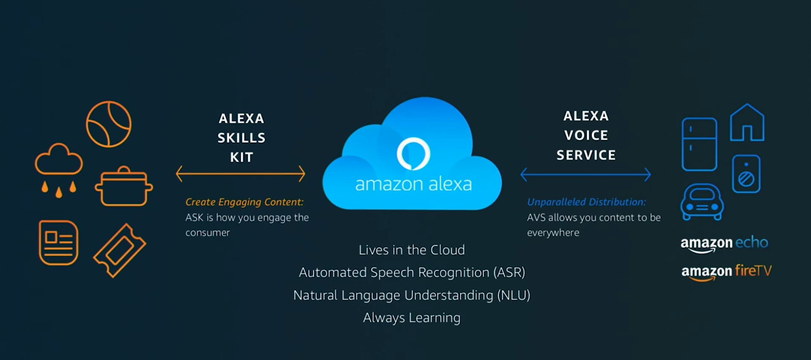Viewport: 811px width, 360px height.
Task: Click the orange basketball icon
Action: coord(109,124)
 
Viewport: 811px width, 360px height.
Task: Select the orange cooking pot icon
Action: coord(123,187)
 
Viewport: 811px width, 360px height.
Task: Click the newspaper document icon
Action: coord(58,243)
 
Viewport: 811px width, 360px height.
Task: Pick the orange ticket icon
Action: coord(120,250)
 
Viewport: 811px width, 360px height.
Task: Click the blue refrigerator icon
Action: coord(699,144)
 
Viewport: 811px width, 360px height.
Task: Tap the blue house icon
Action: coord(747,123)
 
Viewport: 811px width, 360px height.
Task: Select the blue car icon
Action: coord(702,202)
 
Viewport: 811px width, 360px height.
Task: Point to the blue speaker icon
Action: coord(746,174)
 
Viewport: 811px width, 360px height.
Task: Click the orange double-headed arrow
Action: coord(240,174)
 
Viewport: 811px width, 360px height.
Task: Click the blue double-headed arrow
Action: coord(585,174)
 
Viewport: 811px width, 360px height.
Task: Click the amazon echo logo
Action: coord(724,243)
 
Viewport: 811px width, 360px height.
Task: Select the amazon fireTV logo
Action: coord(726,271)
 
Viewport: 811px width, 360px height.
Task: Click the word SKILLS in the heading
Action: coord(241,138)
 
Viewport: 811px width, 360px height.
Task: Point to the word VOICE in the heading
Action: coord(586,135)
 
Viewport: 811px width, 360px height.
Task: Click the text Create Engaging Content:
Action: coord(244,202)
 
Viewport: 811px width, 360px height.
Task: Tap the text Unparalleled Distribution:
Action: coord(586,202)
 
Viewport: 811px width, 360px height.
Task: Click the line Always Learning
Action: coord(412,318)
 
